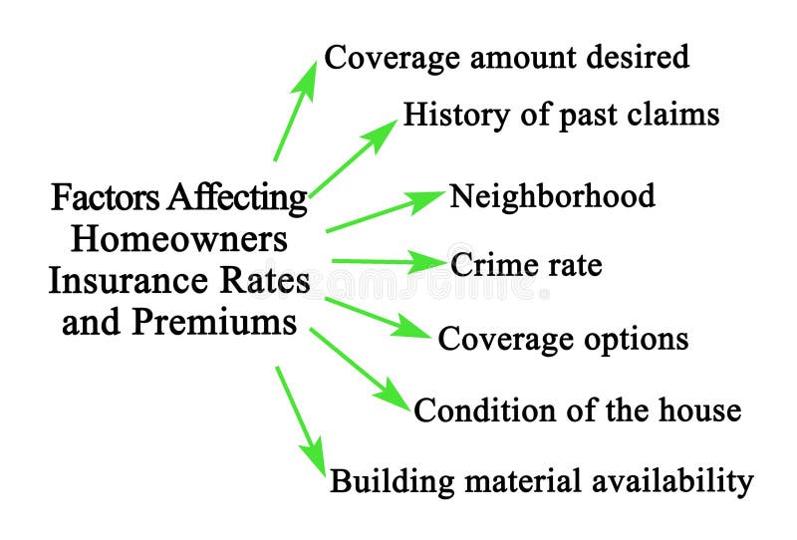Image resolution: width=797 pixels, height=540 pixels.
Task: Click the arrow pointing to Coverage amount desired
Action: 296,112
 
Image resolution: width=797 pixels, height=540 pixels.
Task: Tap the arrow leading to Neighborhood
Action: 385,210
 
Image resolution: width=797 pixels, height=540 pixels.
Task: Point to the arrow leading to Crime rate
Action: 389,262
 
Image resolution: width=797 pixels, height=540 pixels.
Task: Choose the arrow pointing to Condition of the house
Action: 360,368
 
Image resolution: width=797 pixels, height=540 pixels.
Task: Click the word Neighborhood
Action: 552,195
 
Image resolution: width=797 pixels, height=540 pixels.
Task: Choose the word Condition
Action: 471,409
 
